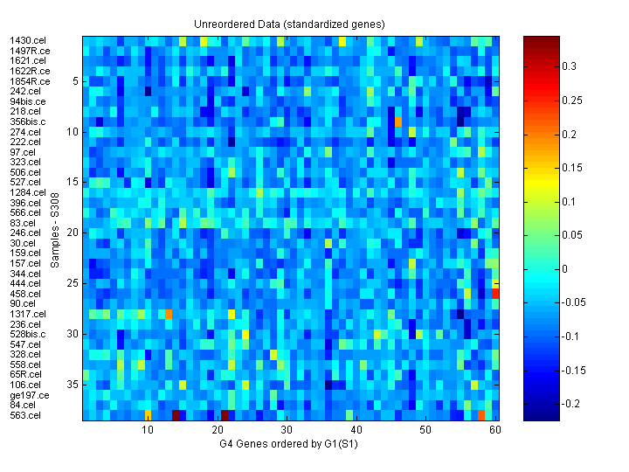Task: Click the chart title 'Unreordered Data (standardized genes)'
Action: [289, 24]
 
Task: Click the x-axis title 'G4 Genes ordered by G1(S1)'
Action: [289, 444]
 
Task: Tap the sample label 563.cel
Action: [25, 415]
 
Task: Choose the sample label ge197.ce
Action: [30, 395]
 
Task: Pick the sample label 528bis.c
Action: [30, 334]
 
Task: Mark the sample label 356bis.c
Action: [30, 121]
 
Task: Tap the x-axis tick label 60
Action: [495, 430]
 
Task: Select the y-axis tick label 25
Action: [73, 283]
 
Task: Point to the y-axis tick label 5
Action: [76, 81]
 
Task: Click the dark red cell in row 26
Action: [496, 294]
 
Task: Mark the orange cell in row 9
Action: [398, 121]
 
